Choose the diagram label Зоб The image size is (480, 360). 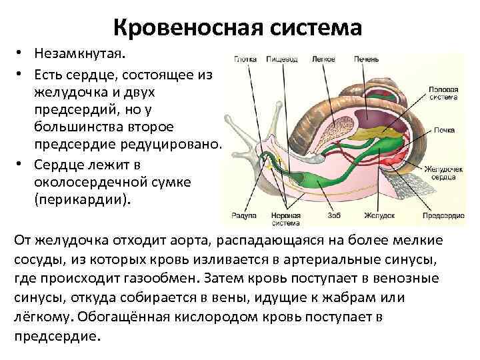point(334,215)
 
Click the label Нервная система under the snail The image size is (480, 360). point(287,219)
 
